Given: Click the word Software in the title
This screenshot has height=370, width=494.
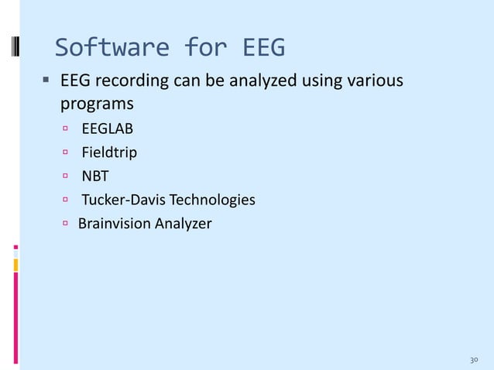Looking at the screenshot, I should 110,48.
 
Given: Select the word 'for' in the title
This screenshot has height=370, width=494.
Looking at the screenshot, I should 204,48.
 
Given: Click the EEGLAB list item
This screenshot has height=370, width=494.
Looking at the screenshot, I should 108,128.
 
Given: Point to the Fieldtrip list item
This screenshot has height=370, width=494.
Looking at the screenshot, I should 110,152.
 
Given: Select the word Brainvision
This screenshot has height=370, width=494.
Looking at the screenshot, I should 114,224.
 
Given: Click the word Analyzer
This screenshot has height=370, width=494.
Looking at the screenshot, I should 182,224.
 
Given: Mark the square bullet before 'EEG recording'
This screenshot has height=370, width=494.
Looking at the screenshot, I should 47,79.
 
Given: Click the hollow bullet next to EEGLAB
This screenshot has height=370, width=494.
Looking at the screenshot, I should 67,128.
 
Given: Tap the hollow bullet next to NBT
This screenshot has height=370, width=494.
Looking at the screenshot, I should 67,176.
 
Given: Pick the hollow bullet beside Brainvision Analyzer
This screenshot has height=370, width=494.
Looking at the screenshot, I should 67,224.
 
